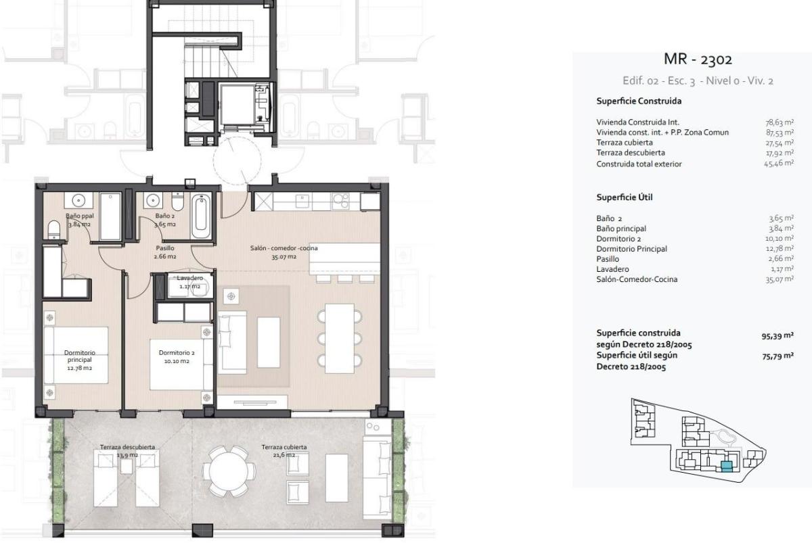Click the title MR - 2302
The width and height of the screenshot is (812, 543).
pos(698,60)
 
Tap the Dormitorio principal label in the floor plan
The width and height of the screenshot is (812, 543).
pos(80,356)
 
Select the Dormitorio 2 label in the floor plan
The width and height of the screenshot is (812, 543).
pos(177,356)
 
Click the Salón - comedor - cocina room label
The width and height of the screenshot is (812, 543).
pos(284,252)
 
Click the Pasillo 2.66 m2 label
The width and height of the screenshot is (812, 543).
pos(165,252)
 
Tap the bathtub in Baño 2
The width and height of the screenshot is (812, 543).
pos(202,216)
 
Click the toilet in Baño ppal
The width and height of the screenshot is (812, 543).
pos(55,230)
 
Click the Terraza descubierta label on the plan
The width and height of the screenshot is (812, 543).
pos(128,450)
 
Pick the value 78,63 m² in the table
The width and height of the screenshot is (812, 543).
pos(779,122)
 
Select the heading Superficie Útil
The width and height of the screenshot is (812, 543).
pos(624,197)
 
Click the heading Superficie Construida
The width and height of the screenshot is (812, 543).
pos(638,101)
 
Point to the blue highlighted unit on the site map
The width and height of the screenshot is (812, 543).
pos(727,465)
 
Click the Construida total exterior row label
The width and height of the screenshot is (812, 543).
pos(639,164)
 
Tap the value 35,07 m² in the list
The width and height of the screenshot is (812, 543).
pos(779,279)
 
